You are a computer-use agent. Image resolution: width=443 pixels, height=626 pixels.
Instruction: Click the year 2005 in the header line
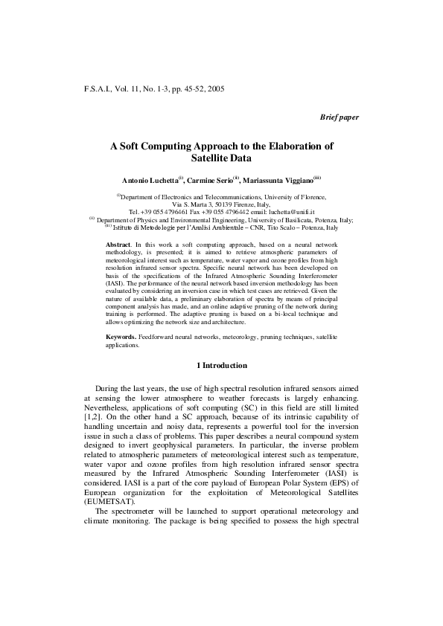pos(214,88)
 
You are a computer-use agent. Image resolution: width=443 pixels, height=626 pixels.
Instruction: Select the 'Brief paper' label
pos(339,118)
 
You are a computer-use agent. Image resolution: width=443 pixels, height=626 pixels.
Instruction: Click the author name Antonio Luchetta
pos(150,180)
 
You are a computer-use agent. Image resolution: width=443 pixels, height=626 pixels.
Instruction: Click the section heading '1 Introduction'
pos(221,366)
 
